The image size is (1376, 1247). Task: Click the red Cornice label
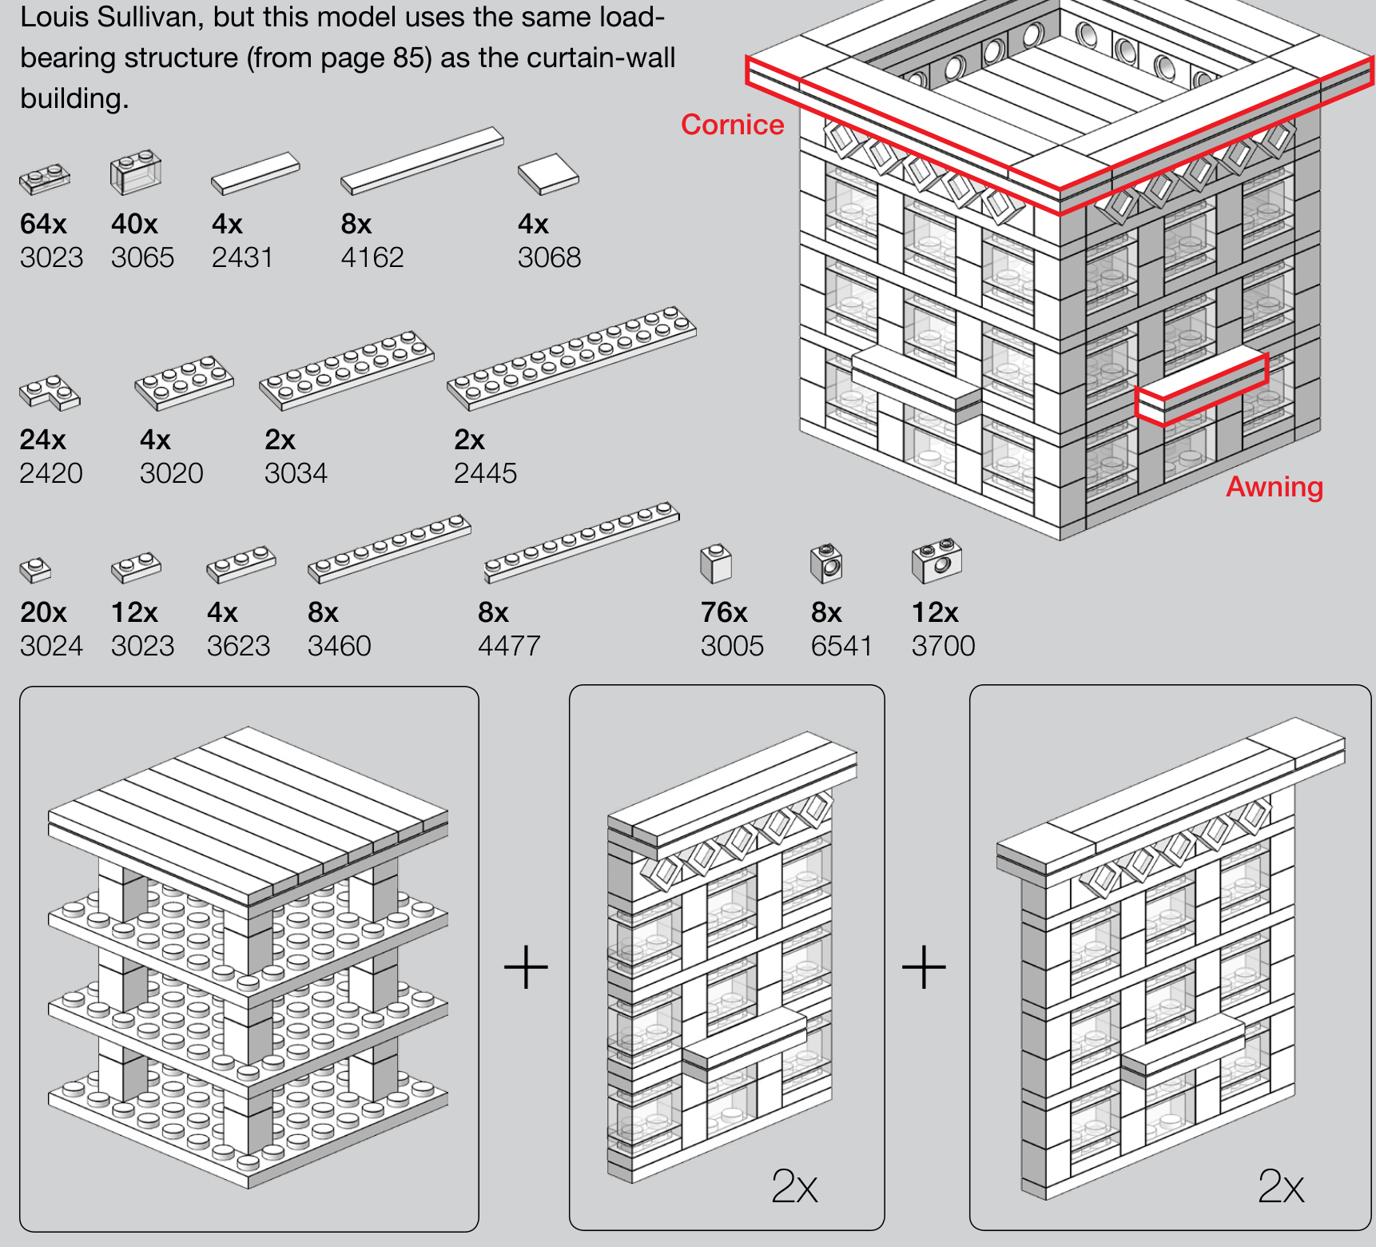click(732, 125)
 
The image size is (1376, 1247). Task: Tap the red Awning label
click(1275, 487)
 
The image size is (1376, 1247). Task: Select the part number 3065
click(142, 257)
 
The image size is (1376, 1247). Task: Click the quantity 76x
click(724, 612)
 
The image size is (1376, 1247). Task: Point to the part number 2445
click(485, 473)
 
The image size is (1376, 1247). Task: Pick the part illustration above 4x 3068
click(548, 173)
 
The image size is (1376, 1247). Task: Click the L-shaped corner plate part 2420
click(50, 392)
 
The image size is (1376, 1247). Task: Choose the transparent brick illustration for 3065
click(135, 172)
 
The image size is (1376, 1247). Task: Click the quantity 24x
click(43, 440)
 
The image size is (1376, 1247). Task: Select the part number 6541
click(841, 646)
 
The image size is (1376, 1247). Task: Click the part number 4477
click(509, 646)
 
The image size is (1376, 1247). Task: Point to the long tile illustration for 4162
click(422, 161)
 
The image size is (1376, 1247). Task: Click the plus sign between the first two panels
click(526, 967)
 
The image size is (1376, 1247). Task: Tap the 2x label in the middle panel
click(794, 1186)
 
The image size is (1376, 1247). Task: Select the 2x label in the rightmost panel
click(1280, 1186)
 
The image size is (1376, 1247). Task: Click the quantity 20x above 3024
click(43, 612)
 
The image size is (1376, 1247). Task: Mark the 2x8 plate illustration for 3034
click(347, 370)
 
